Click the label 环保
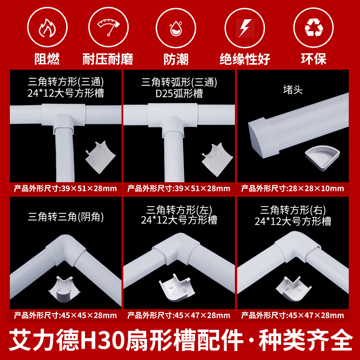pyautogui.click(x=314, y=58)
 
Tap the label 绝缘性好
pyautogui.click(x=244, y=58)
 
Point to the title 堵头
pyautogui.click(x=292, y=90)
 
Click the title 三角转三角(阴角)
pyautogui.click(x=66, y=217)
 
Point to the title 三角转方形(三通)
pyautogui.click(x=66, y=82)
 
